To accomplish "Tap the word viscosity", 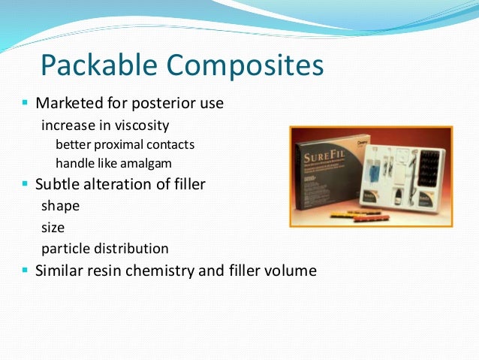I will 142,124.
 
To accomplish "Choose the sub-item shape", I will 60,205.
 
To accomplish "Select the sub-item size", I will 53,227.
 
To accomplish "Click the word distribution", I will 131,248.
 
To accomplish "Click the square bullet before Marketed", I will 26,102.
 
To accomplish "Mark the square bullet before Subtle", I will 26,183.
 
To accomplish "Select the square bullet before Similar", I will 26,269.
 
